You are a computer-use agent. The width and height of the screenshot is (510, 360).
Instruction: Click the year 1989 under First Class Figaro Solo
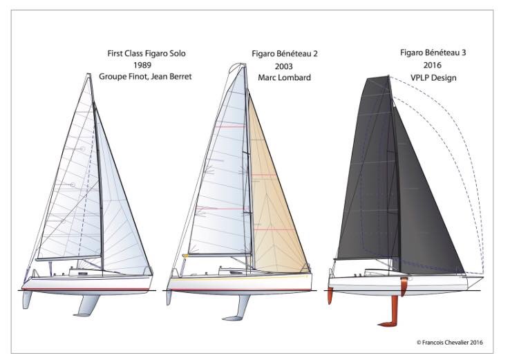pos(142,65)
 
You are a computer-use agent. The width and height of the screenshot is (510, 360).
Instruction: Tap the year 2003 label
pos(283,66)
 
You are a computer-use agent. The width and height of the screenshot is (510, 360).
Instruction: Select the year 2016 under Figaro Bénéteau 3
pos(433,65)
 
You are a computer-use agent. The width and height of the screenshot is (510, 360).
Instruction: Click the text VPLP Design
pos(433,77)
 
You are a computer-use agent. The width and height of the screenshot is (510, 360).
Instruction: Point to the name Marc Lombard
pos(284,77)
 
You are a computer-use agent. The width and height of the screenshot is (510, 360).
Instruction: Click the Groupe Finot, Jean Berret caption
pos(145,77)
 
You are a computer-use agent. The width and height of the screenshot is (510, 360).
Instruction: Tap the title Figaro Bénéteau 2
pos(285,54)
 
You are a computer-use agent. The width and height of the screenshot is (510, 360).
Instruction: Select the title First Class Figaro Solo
pos(147,53)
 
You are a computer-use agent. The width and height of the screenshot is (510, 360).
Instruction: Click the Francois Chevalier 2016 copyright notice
pos(449,342)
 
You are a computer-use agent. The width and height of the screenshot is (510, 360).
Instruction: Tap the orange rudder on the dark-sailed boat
pos(330,296)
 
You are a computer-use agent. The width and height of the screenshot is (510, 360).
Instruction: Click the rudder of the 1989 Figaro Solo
pos(27,299)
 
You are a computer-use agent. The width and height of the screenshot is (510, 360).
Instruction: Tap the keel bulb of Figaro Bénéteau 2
pos(232,318)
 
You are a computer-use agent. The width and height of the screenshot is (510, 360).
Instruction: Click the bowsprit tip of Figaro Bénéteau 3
pos(483,277)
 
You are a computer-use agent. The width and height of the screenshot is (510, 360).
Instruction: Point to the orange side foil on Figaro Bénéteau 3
pos(404,287)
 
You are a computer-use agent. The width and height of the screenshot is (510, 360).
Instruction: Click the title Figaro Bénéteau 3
pos(433,53)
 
